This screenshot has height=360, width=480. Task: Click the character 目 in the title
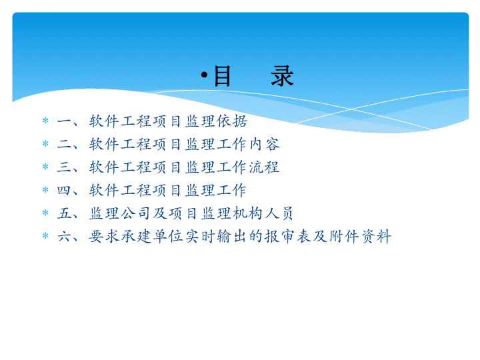coord(222,76)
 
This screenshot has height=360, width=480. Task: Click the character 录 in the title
coord(282,76)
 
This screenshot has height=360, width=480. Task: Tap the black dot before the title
coord(204,75)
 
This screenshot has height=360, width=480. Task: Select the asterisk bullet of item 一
coord(45,121)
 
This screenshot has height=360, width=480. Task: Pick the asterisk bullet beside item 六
coord(45,236)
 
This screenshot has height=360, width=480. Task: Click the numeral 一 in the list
coord(64,121)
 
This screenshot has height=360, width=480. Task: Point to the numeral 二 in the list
coord(64,144)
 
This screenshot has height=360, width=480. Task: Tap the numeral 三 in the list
coord(64,167)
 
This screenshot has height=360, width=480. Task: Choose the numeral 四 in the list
coord(64,190)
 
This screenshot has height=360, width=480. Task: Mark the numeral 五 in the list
coord(64,213)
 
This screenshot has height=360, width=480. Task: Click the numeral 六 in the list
coord(64,236)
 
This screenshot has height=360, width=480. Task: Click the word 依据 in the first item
coord(232,121)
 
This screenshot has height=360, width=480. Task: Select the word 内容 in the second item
coord(264,144)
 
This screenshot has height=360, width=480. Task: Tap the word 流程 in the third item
coord(263,167)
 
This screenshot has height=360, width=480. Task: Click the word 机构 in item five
coord(247,213)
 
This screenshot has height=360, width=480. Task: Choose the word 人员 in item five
coord(279,213)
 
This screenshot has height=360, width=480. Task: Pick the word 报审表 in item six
coord(288,236)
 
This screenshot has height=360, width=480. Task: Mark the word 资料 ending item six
coord(376,236)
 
